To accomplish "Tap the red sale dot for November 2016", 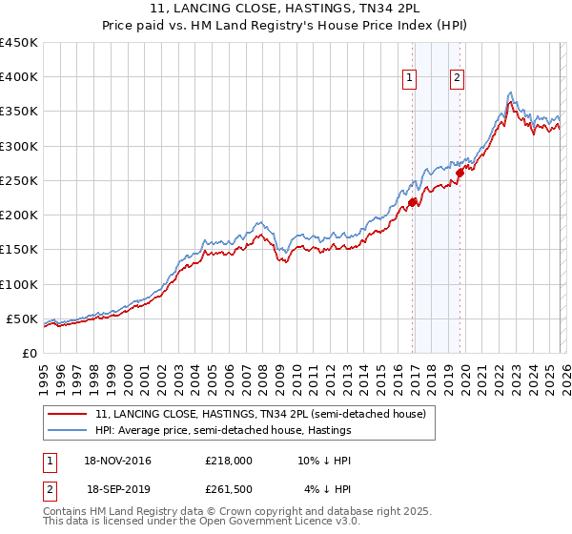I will tap(413, 202).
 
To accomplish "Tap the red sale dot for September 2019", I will tap(460, 173).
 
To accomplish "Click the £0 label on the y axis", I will tap(29, 353).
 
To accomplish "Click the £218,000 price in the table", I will tap(228, 460).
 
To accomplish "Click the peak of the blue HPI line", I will tap(511, 92).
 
